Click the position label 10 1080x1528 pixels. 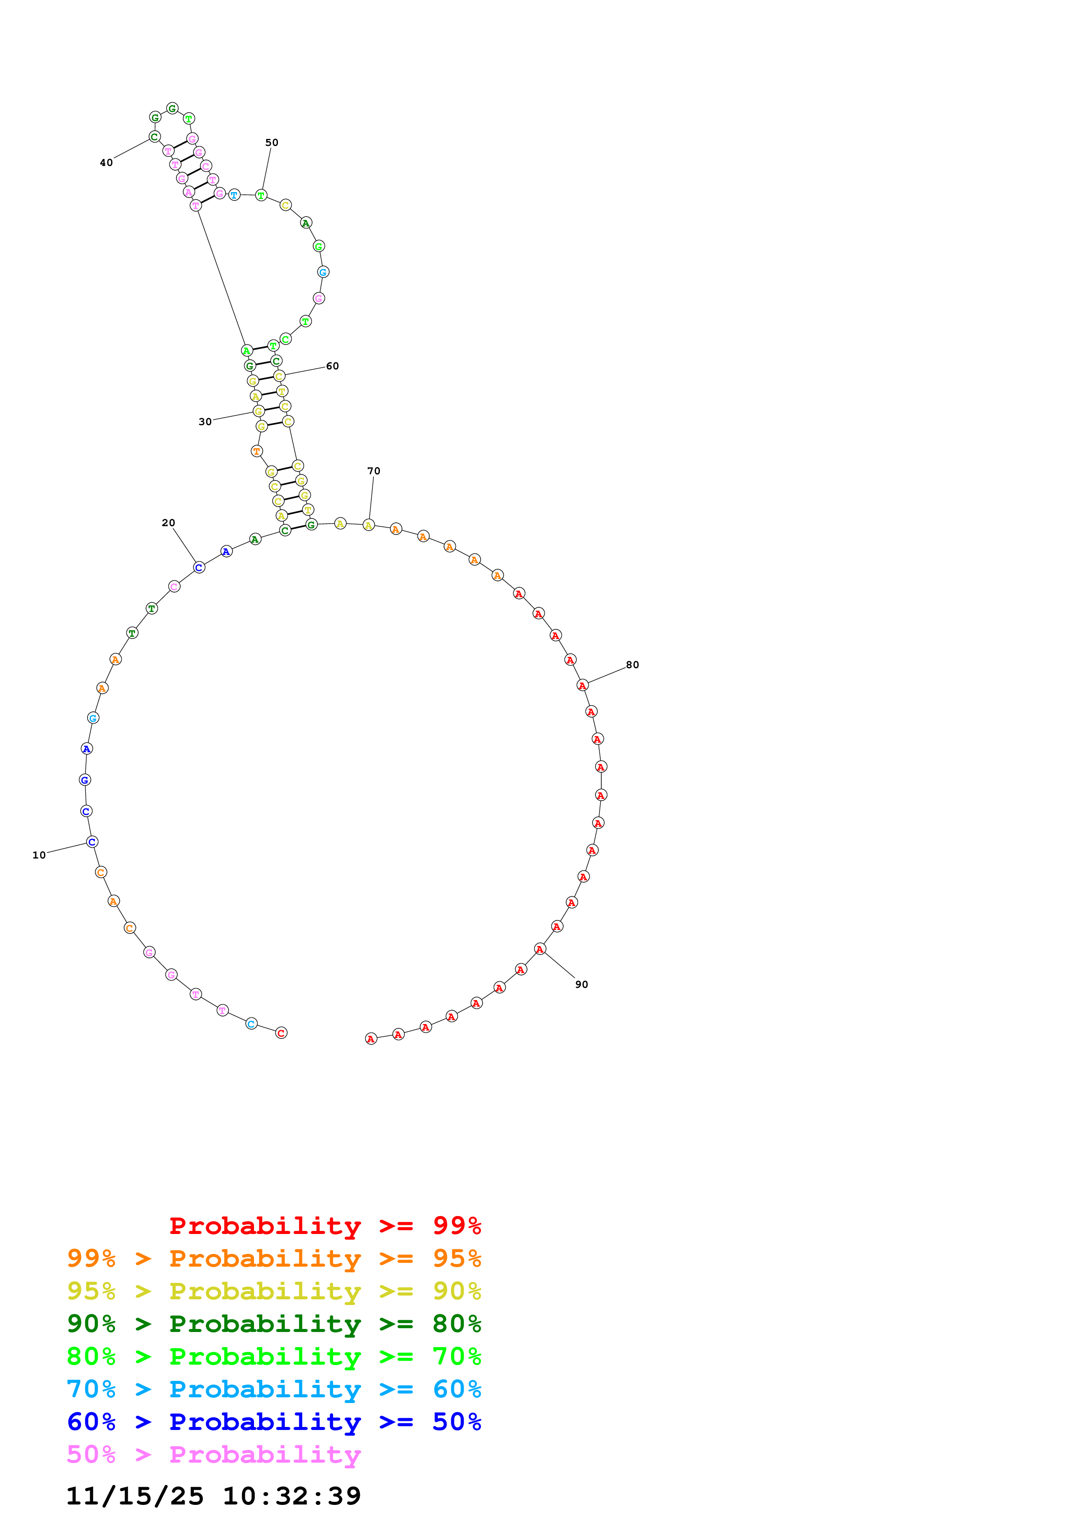point(39,855)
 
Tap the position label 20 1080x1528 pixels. point(168,523)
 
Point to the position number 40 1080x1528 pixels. point(106,163)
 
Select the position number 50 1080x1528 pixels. point(271,143)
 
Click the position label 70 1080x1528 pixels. point(374,471)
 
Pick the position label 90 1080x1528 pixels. point(582,985)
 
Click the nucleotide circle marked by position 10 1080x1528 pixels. point(92,842)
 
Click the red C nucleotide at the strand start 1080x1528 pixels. point(281,1033)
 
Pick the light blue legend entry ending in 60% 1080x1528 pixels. point(274,1389)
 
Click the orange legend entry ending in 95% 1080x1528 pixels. point(274,1258)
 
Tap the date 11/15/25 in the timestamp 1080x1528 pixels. point(135,1496)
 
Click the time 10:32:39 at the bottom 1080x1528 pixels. point(291,1496)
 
